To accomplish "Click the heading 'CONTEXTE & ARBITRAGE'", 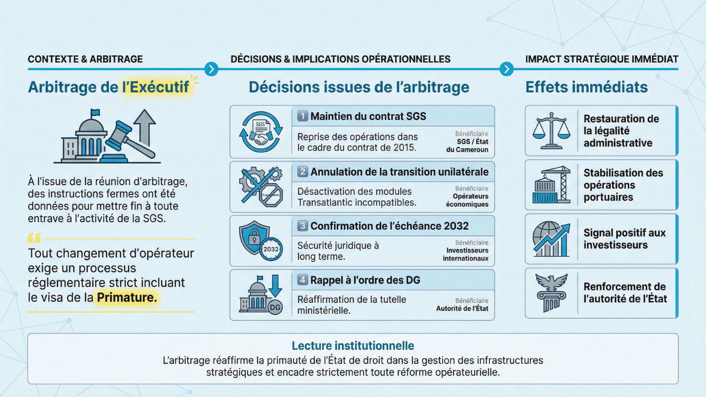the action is point(85,59).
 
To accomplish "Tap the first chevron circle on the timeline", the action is point(211,69).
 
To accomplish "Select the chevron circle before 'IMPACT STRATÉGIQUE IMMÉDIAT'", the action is point(506,69).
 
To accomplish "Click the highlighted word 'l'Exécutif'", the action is point(156,87).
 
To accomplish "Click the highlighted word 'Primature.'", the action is point(127,297).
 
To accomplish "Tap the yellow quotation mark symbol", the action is point(34,238).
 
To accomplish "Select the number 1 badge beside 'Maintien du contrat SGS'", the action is point(303,116).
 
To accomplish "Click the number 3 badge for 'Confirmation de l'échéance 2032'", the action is point(303,226).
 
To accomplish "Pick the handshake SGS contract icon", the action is point(261,132).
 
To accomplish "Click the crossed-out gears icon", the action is point(261,186).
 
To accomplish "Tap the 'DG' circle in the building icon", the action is point(275,308).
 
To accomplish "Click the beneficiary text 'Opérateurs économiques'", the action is point(467,200).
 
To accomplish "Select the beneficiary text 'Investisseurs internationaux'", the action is point(466,255).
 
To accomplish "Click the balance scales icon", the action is point(551,131).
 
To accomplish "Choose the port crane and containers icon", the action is point(551,185).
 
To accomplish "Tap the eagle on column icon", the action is point(551,293).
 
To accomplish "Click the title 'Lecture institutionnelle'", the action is point(352,346).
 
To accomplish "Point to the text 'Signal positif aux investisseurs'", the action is point(624,239).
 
